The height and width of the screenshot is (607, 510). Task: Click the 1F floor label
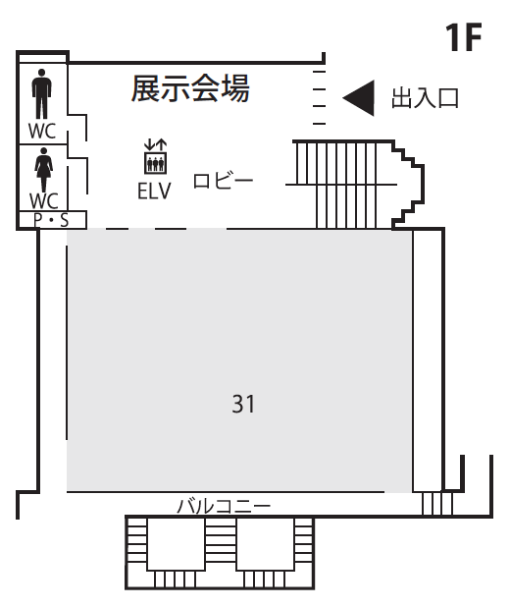tap(463, 36)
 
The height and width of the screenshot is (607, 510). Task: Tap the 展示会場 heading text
tap(190, 88)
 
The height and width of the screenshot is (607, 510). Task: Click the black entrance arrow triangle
tap(359, 98)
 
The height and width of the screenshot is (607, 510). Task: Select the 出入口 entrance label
tap(425, 98)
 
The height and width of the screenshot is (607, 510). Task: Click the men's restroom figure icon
tap(41, 93)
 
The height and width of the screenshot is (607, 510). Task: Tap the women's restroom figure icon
tap(44, 169)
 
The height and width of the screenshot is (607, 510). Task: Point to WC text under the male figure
tap(42, 131)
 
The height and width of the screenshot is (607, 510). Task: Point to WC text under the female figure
tap(44, 201)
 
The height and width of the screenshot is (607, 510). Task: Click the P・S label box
tap(53, 220)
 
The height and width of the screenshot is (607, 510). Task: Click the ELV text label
tap(154, 191)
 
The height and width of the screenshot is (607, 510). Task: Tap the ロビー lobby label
tap(223, 181)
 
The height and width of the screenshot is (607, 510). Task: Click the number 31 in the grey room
tap(243, 404)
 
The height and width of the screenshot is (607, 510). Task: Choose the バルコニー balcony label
tap(224, 507)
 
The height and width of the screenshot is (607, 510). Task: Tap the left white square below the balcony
tap(176, 543)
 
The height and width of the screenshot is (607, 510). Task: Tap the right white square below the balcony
tap(265, 543)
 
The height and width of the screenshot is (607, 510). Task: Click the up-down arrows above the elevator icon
tap(155, 144)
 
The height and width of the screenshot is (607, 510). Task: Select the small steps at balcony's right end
tap(436, 504)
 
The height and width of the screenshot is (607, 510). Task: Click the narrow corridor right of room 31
tap(428, 360)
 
